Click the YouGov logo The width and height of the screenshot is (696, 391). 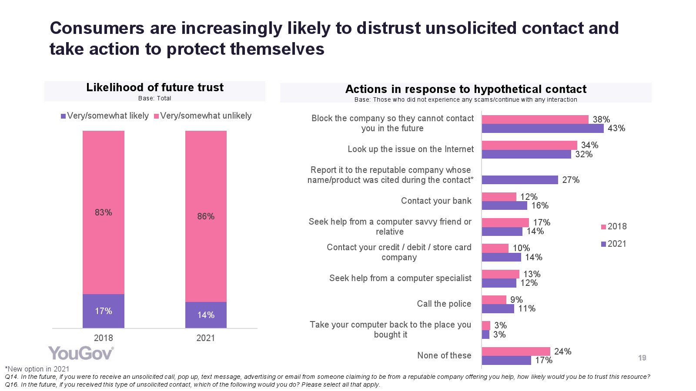click(x=81, y=353)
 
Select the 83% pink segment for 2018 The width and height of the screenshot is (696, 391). click(x=104, y=212)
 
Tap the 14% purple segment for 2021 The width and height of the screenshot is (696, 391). click(x=206, y=315)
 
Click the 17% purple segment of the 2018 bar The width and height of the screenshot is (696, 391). click(x=104, y=311)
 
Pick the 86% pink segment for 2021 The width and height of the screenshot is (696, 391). click(x=206, y=216)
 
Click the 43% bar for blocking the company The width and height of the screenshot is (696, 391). click(x=542, y=129)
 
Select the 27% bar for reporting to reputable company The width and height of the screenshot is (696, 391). click(x=520, y=180)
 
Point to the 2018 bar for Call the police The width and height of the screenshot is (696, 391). click(x=494, y=300)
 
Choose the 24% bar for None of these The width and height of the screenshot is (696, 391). click(x=516, y=351)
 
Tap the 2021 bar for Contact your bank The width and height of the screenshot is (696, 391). click(x=504, y=205)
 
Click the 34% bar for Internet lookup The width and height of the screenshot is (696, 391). click(x=529, y=145)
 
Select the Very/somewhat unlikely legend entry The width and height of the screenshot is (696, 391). click(x=203, y=116)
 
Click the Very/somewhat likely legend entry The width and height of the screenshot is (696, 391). click(x=105, y=116)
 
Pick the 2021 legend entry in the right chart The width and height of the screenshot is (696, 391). click(x=614, y=244)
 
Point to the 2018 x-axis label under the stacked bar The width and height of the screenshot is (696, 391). click(x=104, y=338)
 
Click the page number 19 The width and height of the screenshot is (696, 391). click(x=642, y=358)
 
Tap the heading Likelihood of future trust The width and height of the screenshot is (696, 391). click(x=155, y=88)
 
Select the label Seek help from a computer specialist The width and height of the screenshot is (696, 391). click(x=400, y=278)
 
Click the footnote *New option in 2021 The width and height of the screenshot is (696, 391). click(x=37, y=369)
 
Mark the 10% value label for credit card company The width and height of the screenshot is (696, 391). click(x=521, y=248)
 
